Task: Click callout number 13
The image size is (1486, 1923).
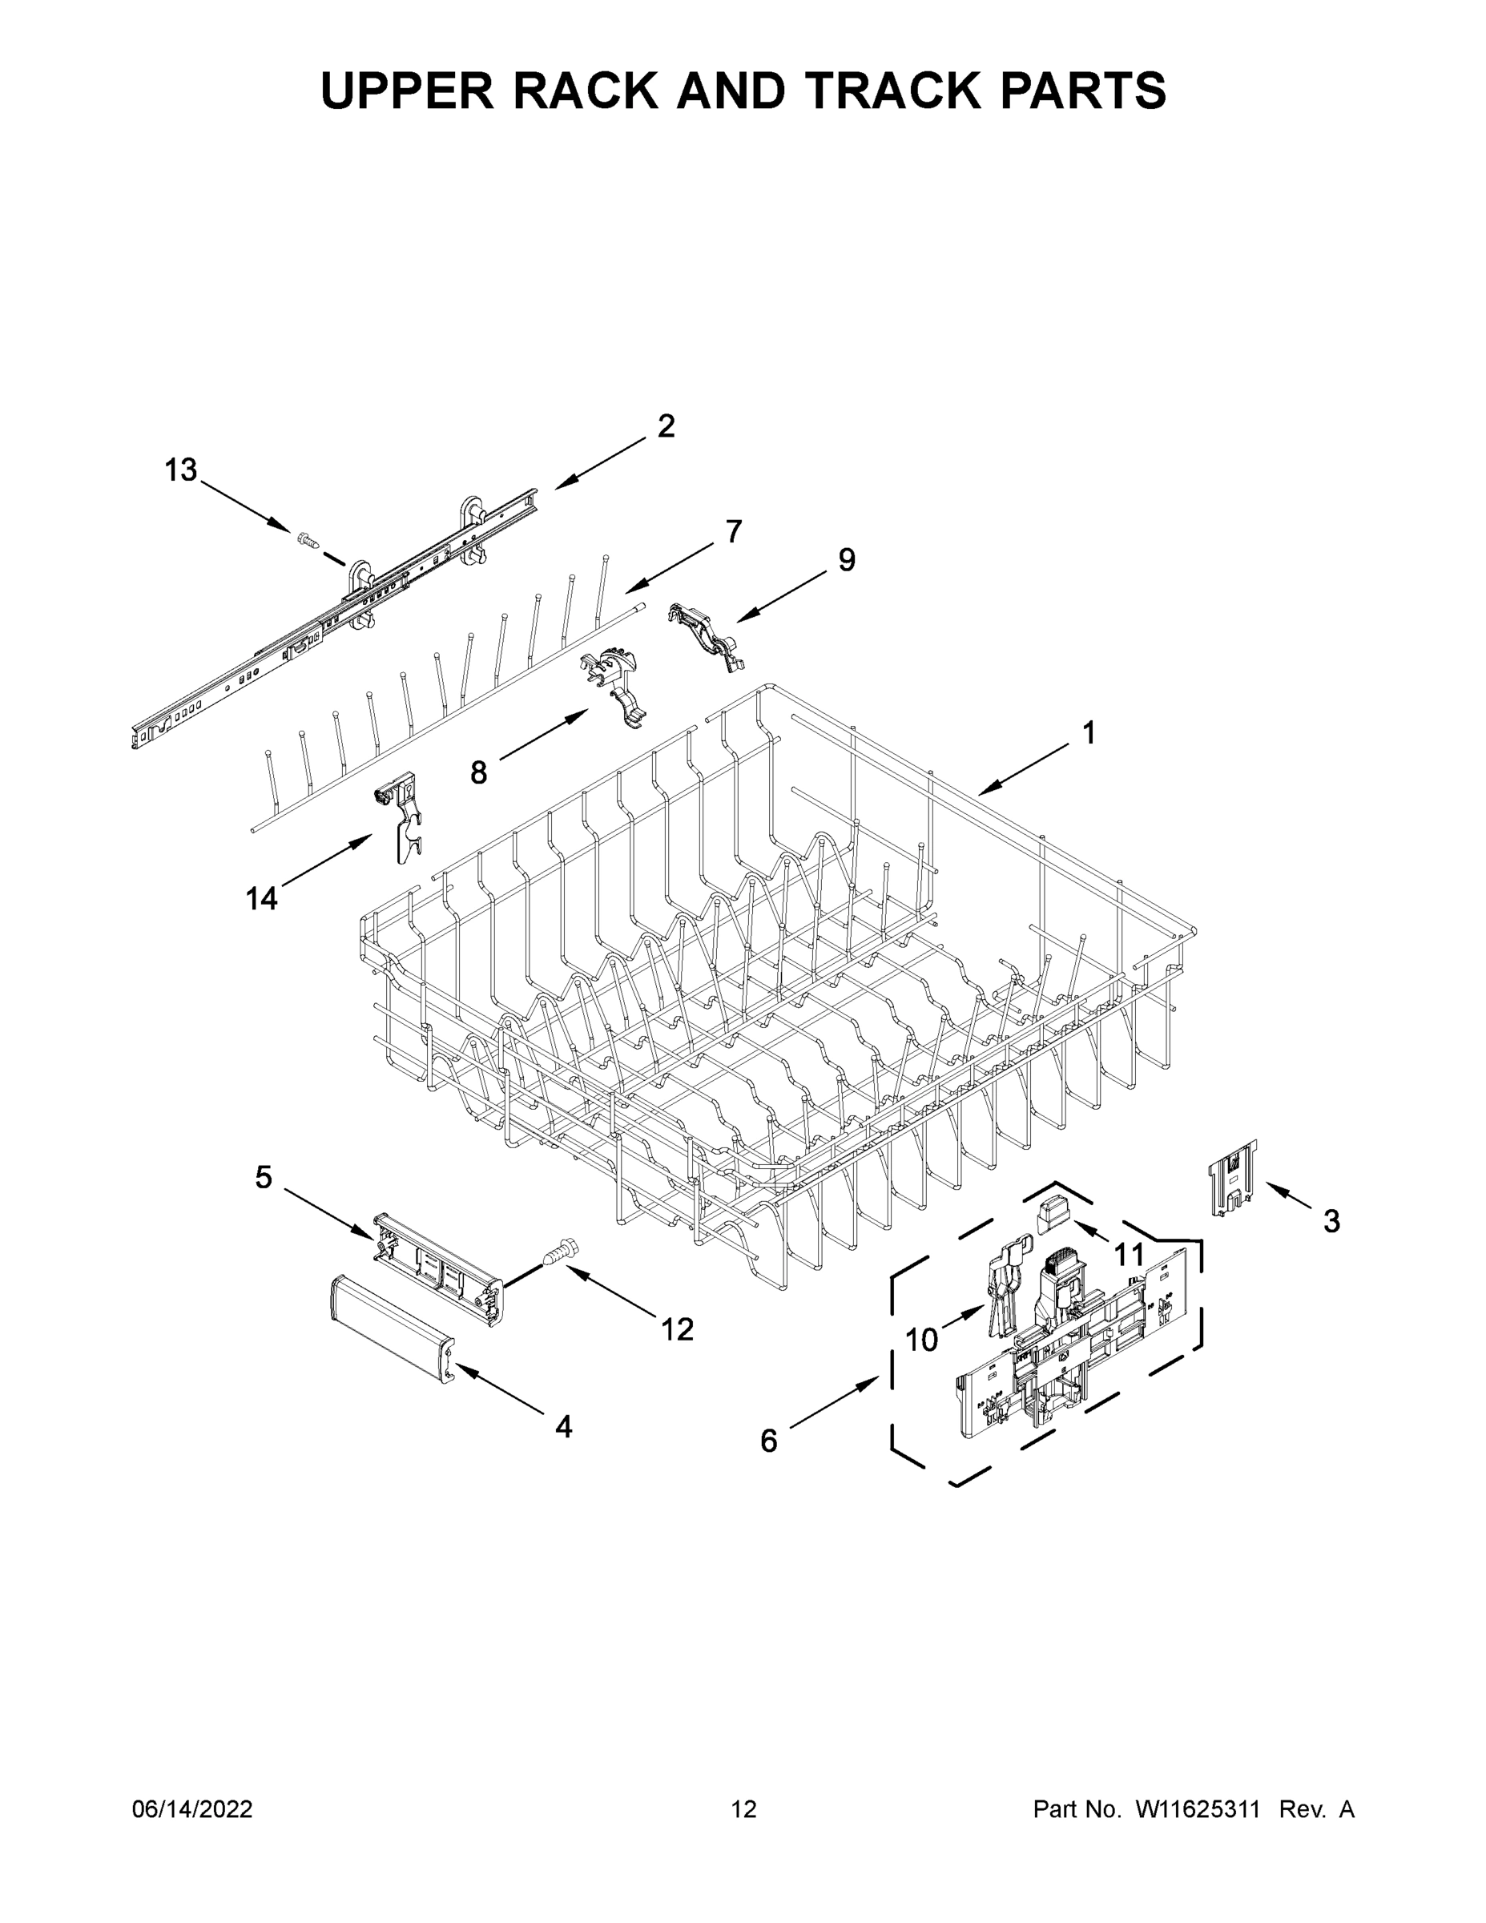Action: click(x=180, y=471)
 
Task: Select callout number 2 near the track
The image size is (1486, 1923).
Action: click(x=666, y=426)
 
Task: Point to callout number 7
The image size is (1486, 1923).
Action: click(x=733, y=532)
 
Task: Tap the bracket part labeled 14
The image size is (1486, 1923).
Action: click(x=401, y=814)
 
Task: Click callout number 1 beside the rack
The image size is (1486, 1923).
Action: click(x=1088, y=732)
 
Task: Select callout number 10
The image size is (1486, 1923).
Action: click(x=922, y=1340)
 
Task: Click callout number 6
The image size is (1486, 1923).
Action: click(x=768, y=1441)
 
